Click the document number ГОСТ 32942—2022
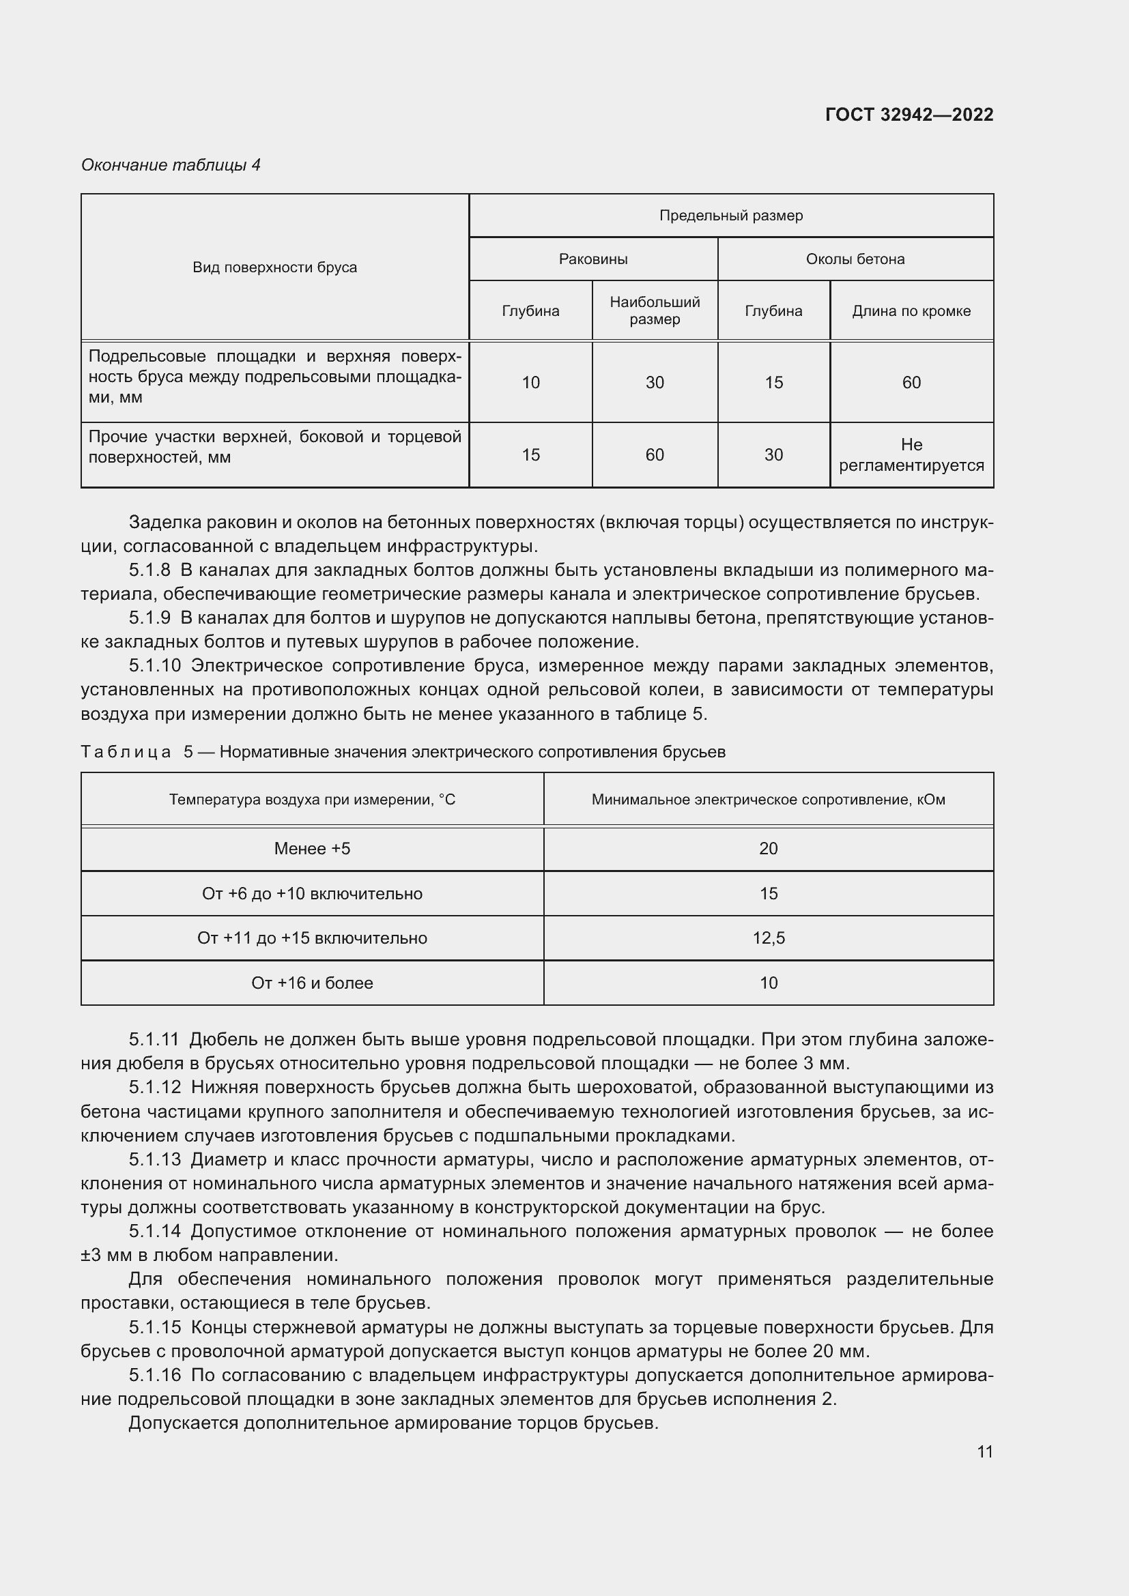(909, 115)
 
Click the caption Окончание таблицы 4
(171, 164)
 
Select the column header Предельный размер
(730, 216)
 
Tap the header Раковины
(593, 259)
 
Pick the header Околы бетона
(855, 259)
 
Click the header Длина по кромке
(911, 311)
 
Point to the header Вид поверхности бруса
(274, 267)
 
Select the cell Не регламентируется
(911, 454)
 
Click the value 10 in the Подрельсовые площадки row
(530, 382)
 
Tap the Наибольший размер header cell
(654, 310)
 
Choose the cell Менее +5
(312, 848)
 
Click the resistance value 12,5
(768, 938)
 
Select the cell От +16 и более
(312, 983)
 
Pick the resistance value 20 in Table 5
(768, 848)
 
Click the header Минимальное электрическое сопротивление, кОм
(768, 800)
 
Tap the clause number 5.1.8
(149, 570)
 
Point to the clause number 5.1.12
(154, 1087)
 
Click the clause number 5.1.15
(154, 1327)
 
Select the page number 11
(984, 1451)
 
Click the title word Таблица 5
(137, 752)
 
